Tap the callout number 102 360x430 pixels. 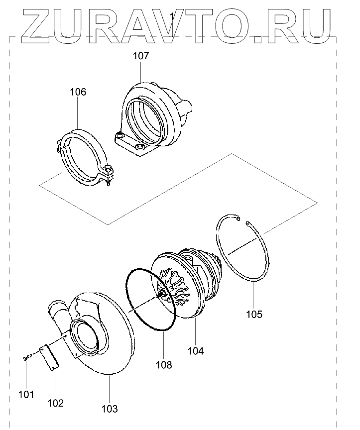55,403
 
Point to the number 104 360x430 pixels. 196,351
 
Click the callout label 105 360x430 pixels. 254,314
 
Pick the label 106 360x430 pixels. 78,92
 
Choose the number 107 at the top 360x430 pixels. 140,56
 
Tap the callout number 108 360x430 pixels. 163,365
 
